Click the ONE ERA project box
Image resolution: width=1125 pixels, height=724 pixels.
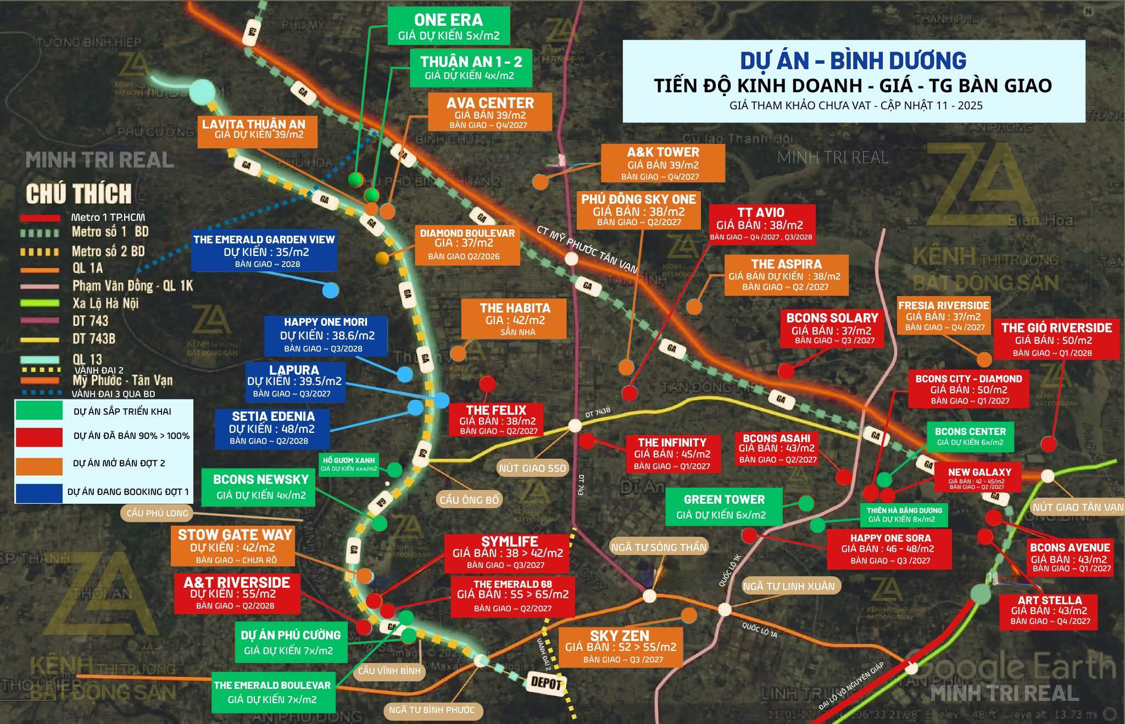(x=448, y=26)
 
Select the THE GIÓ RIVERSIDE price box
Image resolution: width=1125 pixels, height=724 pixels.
(x=1056, y=339)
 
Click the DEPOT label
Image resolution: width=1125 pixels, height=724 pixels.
(x=546, y=683)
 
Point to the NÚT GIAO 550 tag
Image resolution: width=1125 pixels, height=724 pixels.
(x=532, y=469)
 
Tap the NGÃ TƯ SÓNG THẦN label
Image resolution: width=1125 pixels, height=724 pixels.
(x=659, y=547)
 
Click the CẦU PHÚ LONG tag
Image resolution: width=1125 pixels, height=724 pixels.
(x=157, y=513)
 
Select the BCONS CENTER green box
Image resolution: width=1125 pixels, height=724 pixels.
(x=970, y=437)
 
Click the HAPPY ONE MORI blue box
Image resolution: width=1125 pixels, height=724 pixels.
(x=326, y=335)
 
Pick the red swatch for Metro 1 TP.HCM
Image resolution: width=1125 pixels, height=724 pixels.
(x=40, y=218)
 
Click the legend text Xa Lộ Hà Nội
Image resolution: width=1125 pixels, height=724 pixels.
(x=105, y=303)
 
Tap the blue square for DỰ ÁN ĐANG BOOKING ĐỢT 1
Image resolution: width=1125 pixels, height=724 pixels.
(x=39, y=492)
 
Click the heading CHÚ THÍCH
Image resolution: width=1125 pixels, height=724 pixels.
(x=79, y=194)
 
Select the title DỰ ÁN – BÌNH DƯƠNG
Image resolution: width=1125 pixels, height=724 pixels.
(x=853, y=60)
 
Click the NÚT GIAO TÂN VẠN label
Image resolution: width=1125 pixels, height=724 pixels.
(x=1078, y=507)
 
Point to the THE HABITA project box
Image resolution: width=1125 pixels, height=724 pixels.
(x=514, y=319)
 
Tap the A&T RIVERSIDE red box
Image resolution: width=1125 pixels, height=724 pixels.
(x=237, y=593)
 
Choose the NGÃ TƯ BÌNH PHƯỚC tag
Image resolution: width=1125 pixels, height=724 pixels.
(x=432, y=710)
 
